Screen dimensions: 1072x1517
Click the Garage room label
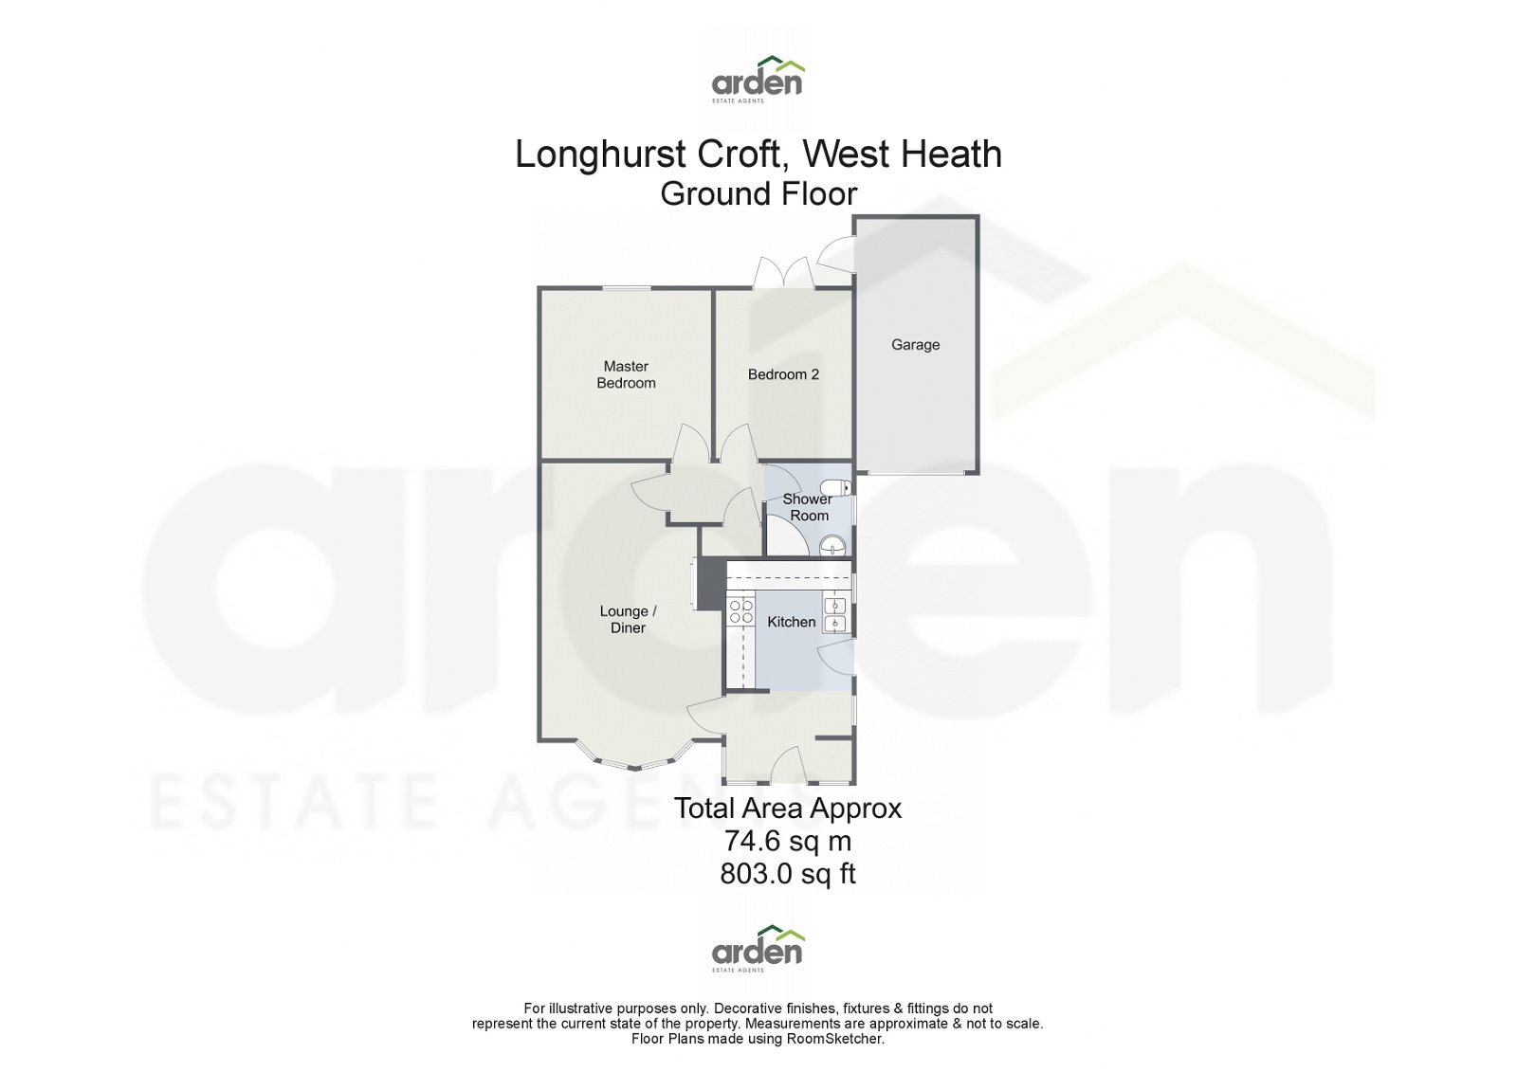915,345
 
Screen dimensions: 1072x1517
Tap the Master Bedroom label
626,374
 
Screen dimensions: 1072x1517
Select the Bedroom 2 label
783,374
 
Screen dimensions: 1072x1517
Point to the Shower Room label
808,507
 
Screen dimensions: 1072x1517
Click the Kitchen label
791,622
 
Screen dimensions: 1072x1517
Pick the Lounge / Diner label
628,619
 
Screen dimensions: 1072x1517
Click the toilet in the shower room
842,489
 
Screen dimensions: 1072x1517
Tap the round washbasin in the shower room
832,545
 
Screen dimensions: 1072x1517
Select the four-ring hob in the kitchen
740,611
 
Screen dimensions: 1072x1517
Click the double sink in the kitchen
836,614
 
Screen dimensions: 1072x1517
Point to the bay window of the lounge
627,759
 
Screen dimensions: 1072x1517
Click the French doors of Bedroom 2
784,274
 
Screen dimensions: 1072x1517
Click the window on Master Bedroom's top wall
626,288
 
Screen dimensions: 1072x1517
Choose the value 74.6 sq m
787,841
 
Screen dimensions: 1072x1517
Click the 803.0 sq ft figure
787,873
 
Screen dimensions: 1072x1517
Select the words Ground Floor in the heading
758,194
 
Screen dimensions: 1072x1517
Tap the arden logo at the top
758,78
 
